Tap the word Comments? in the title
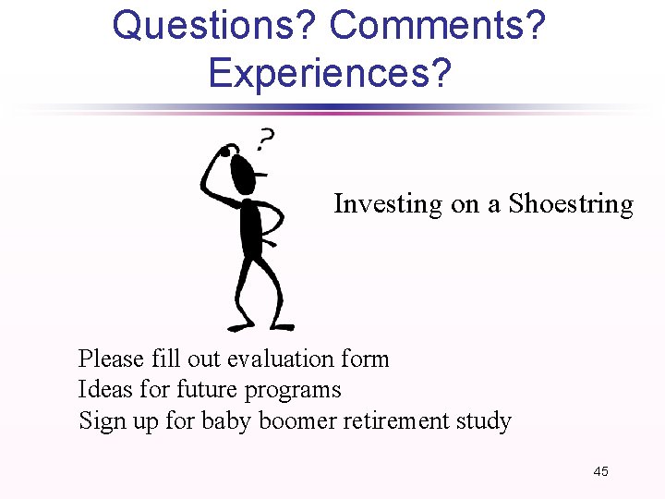coord(438,26)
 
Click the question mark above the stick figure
coord(265,140)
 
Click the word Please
coord(110,359)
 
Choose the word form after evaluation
coord(366,359)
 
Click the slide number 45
coord(600,472)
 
